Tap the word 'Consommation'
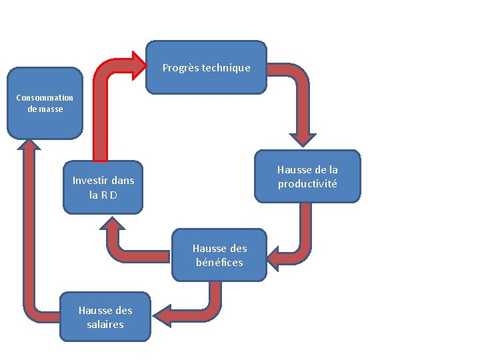click(x=45, y=97)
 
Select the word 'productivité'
click(x=307, y=183)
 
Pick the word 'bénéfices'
click(x=219, y=262)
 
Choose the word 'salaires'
click(x=105, y=324)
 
